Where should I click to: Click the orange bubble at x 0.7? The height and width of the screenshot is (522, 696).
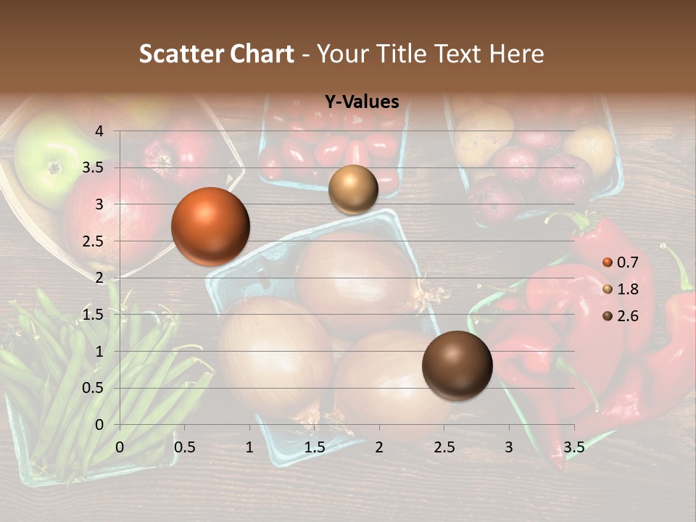[x=210, y=226]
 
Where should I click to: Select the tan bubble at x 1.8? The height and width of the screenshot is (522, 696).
[x=353, y=190]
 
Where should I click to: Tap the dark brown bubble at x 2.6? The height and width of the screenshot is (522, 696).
[x=457, y=365]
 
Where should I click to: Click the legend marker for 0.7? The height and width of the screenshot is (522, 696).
[x=608, y=262]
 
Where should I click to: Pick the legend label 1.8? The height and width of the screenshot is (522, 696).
[x=627, y=289]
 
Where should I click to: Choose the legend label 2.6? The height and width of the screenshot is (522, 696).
[x=627, y=316]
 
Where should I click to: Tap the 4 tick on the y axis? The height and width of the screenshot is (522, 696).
[x=100, y=131]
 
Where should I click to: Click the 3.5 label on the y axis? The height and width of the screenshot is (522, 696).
[x=94, y=168]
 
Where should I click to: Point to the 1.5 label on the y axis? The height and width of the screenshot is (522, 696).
[x=94, y=315]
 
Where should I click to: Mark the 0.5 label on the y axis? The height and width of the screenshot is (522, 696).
[x=94, y=388]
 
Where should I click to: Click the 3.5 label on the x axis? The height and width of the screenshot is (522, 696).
[x=574, y=447]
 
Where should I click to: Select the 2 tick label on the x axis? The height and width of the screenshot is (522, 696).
[x=379, y=447]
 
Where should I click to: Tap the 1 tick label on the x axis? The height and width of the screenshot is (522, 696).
[x=249, y=447]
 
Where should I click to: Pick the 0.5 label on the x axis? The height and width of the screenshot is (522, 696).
[x=185, y=447]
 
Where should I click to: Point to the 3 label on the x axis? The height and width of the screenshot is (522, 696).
[x=509, y=447]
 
